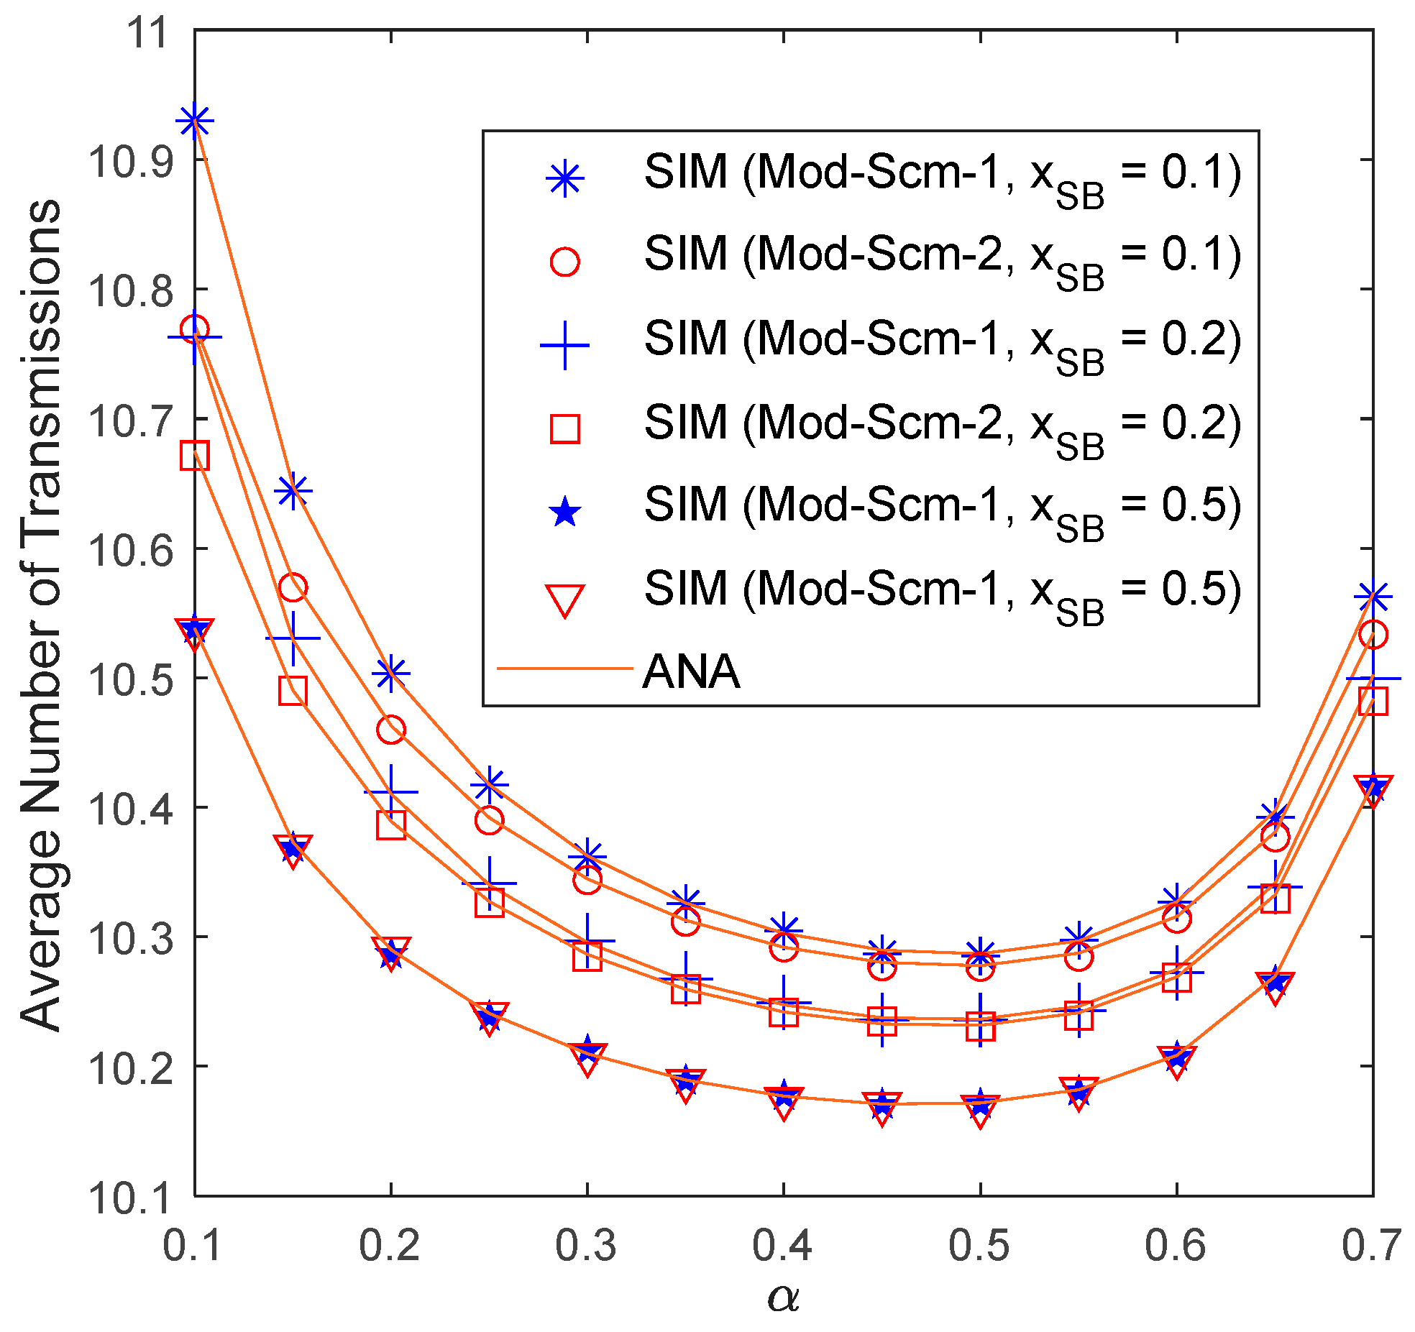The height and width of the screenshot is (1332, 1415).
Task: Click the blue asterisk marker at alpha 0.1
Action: [x=195, y=121]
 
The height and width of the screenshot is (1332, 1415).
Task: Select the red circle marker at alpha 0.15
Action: [x=293, y=587]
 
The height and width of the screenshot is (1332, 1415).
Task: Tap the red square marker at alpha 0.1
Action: [x=195, y=456]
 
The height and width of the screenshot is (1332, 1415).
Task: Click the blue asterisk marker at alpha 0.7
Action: [x=1373, y=596]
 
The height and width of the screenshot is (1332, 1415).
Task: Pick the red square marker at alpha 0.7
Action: [x=1373, y=701]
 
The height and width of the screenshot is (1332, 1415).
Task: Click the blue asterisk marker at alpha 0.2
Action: [x=391, y=674]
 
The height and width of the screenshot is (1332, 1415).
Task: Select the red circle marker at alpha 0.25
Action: [x=489, y=819]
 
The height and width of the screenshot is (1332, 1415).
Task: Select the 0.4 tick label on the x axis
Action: [x=783, y=1246]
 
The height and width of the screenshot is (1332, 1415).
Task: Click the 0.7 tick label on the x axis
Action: [x=1371, y=1246]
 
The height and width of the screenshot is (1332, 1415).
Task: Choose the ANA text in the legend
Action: [x=691, y=671]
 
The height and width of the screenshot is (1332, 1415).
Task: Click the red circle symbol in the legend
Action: [x=564, y=262]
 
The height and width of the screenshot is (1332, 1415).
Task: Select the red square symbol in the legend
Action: [x=564, y=428]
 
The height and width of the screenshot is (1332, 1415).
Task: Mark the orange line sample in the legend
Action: [x=564, y=669]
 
